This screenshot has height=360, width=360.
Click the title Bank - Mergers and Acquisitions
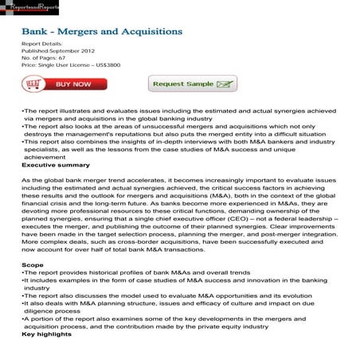pyautogui.click(x=101, y=33)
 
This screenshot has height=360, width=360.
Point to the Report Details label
pyautogui.click(x=41, y=45)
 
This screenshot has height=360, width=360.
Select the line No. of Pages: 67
pyautogui.click(x=45, y=59)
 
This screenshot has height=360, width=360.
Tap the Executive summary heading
pyautogui.click(x=50, y=165)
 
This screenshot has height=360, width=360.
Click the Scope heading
pyautogui.click(x=33, y=263)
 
